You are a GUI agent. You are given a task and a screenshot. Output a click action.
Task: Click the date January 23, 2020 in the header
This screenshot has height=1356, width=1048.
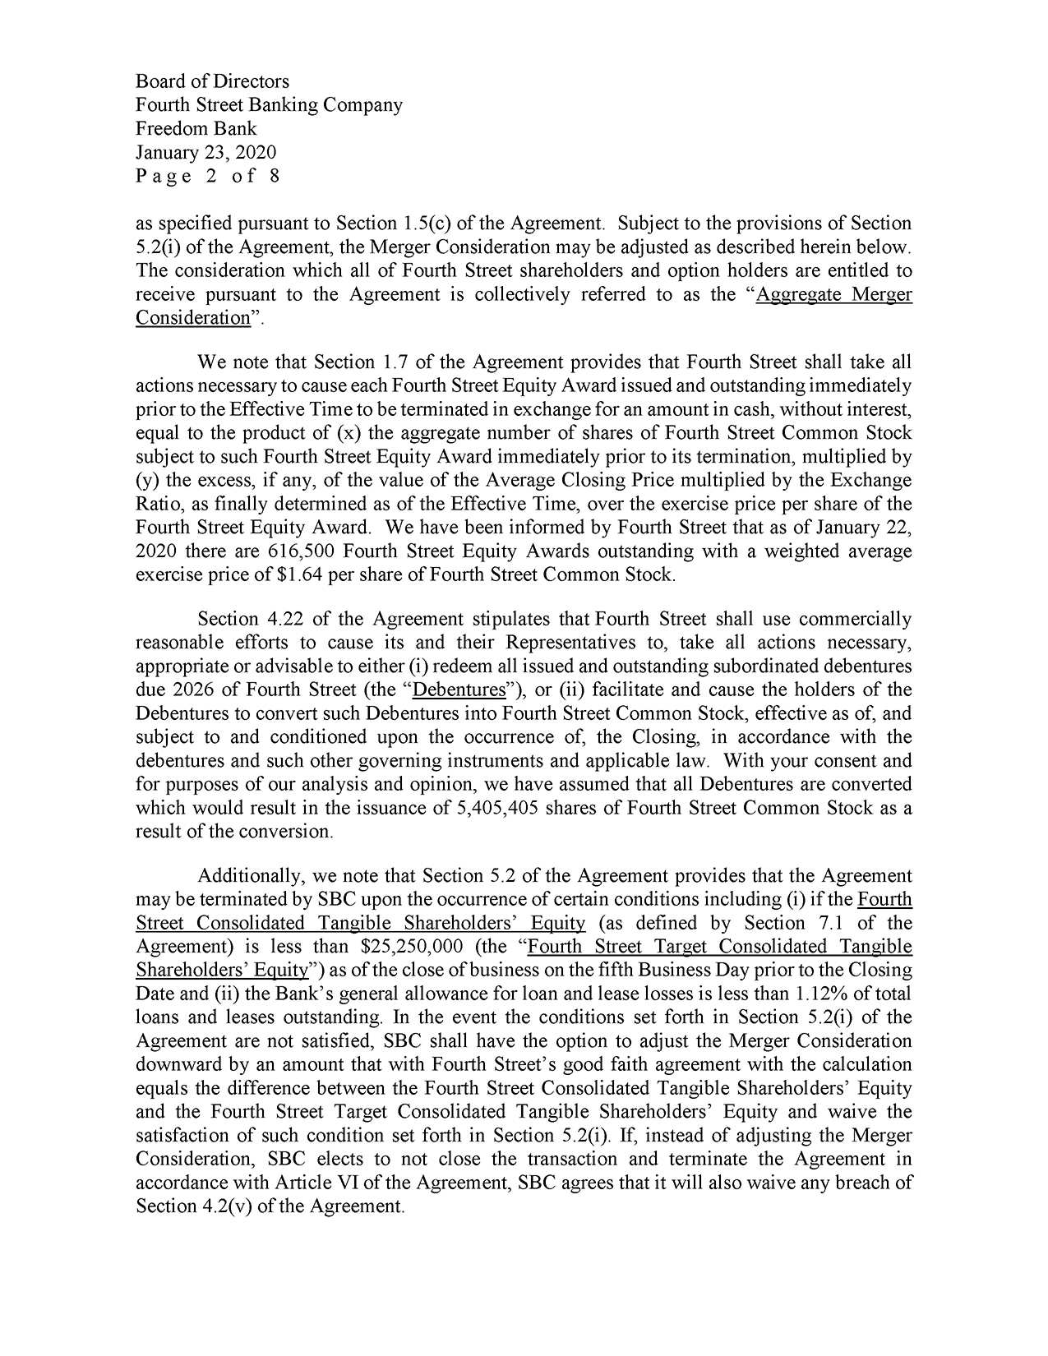[x=205, y=152]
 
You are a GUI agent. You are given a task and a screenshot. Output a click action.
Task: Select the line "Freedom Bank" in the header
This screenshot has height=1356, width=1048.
[x=196, y=128]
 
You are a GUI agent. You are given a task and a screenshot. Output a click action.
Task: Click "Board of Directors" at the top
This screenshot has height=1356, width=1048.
[x=212, y=81]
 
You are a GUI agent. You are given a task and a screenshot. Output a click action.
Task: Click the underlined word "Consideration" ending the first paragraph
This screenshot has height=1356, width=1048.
[x=192, y=318]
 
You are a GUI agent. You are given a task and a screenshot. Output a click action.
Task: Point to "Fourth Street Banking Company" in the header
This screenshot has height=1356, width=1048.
[x=269, y=105]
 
